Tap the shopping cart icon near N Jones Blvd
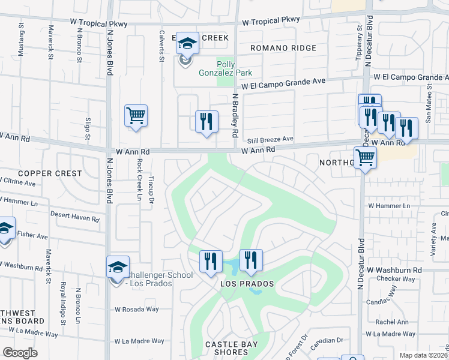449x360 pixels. tap(136, 115)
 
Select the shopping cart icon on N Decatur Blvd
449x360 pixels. tap(365, 158)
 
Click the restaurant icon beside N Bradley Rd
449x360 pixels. tap(206, 121)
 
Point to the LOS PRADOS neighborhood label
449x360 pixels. tap(247, 283)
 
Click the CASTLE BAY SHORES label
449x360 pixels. tap(231, 348)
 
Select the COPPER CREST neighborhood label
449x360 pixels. tap(50, 173)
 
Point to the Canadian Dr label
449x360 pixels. tap(327, 340)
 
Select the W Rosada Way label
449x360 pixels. tap(137, 310)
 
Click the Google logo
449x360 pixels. tap(20, 353)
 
